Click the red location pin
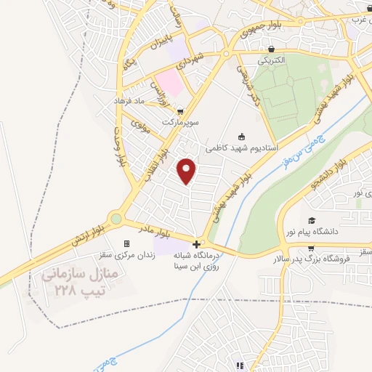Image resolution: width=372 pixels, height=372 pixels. (187, 170)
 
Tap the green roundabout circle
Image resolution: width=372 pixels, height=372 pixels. (116, 218)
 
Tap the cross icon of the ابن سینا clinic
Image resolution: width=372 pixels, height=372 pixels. (196, 243)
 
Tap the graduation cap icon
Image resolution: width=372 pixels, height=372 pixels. (312, 220)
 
